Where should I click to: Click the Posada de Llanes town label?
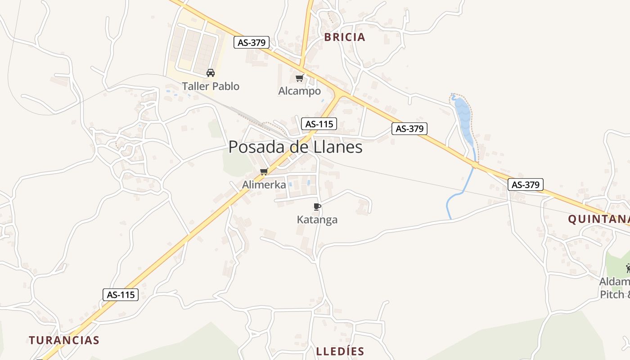(295, 147)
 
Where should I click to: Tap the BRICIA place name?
(345, 37)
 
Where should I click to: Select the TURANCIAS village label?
(64, 340)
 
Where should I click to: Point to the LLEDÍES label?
(340, 351)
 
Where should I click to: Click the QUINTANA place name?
(598, 219)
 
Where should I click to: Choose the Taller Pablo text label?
(211, 86)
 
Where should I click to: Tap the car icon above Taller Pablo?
(210, 72)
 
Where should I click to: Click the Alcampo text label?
(299, 91)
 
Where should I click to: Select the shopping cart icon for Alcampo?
(299, 78)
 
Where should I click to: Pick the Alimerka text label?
(264, 184)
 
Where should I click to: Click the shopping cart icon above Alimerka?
(264, 171)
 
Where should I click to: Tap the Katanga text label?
(317, 220)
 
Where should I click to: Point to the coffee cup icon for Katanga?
(317, 207)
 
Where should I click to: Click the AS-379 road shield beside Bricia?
(252, 43)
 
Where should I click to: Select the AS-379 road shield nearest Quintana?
(526, 184)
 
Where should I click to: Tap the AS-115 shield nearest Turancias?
(121, 295)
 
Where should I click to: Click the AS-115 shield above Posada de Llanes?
(319, 124)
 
